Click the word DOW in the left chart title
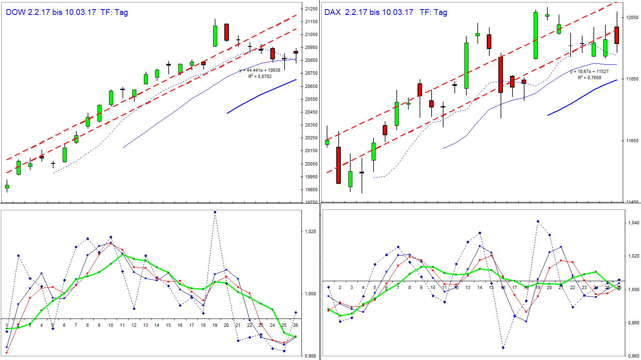pyautogui.click(x=16, y=12)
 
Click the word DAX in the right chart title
pyautogui.click(x=333, y=12)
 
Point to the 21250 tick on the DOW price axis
pyautogui.click(x=311, y=9)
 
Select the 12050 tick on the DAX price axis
pyautogui.click(x=633, y=17)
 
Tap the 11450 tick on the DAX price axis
pyautogui.click(x=633, y=202)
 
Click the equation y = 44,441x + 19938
pyautogui.click(x=260, y=71)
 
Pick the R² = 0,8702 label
pyautogui.click(x=260, y=76)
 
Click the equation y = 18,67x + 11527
pyautogui.click(x=589, y=72)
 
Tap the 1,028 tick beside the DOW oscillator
pyautogui.click(x=311, y=232)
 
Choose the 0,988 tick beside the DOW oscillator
pyautogui.click(x=311, y=356)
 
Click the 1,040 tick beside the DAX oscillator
pyautogui.click(x=633, y=223)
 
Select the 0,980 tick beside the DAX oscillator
pyautogui.click(x=633, y=323)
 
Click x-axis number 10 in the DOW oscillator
pyautogui.click(x=111, y=326)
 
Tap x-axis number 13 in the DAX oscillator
pyautogui.click(x=468, y=287)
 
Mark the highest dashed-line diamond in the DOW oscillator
pyautogui.click(x=215, y=212)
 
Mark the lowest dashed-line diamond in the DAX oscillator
pyautogui.click(x=503, y=348)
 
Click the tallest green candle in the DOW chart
pyautogui.click(x=215, y=36)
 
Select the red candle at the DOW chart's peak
pyautogui.click(x=226, y=32)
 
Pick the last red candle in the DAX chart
pyautogui.click(x=617, y=35)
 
